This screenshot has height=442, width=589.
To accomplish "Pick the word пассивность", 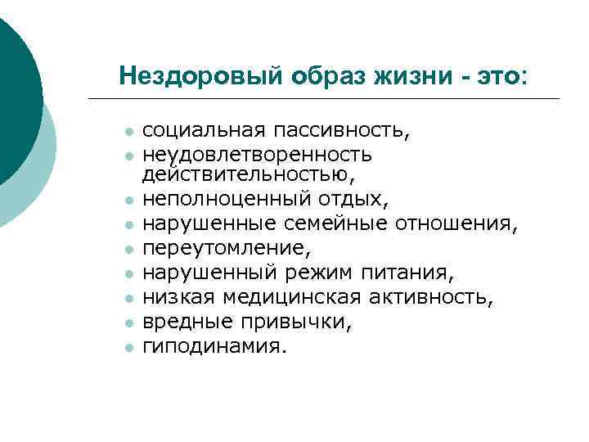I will pos(341,131).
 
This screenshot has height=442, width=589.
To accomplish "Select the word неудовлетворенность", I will pos(257,154).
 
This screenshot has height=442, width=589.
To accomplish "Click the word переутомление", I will pos(218,245).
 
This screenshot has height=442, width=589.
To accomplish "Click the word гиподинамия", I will pos(215,347).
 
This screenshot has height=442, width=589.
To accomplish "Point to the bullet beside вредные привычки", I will pos(128,324).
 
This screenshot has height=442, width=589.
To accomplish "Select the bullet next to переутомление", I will pos(128,246).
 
